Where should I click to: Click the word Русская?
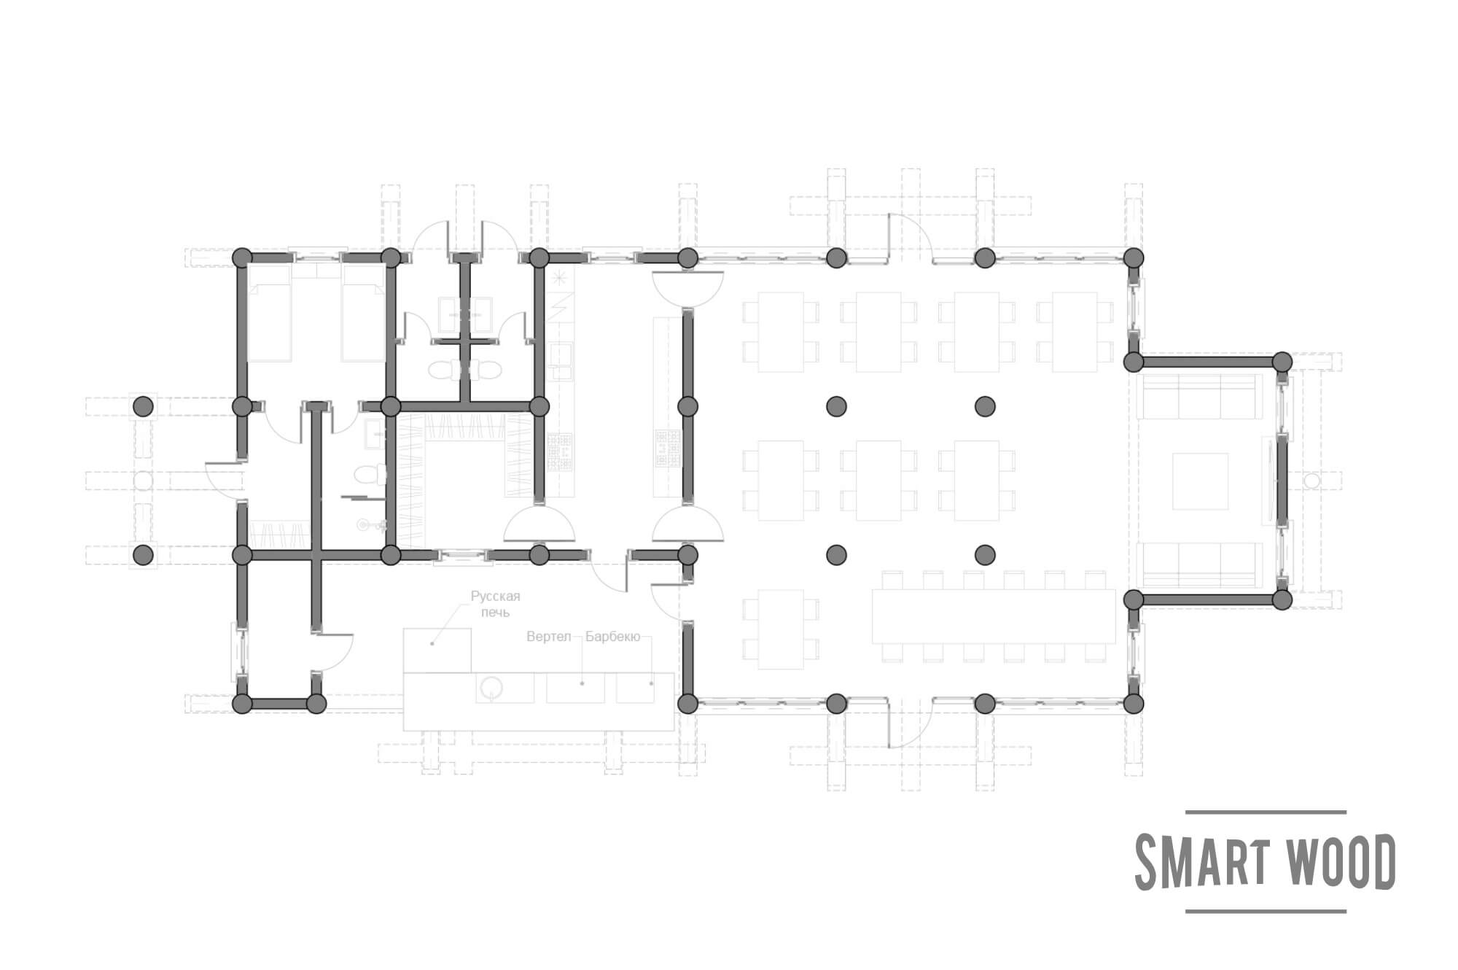click(x=496, y=597)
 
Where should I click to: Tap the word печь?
click(x=496, y=612)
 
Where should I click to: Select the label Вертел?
click(x=548, y=637)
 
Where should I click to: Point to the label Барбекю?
click(x=612, y=637)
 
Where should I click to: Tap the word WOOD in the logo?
click(x=1339, y=862)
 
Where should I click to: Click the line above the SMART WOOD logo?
click(x=1266, y=812)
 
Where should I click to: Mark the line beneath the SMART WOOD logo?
click(x=1266, y=911)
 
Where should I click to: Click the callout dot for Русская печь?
click(x=432, y=643)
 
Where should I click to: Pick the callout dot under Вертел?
click(x=582, y=683)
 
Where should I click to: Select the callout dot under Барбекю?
click(x=652, y=683)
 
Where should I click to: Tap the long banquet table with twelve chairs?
click(x=994, y=616)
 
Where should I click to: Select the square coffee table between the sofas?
click(x=1200, y=481)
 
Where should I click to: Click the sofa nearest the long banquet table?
click(x=1199, y=564)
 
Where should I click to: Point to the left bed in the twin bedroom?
click(x=270, y=313)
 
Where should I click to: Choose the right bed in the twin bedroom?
click(x=363, y=313)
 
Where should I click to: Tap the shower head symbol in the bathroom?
click(x=364, y=524)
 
